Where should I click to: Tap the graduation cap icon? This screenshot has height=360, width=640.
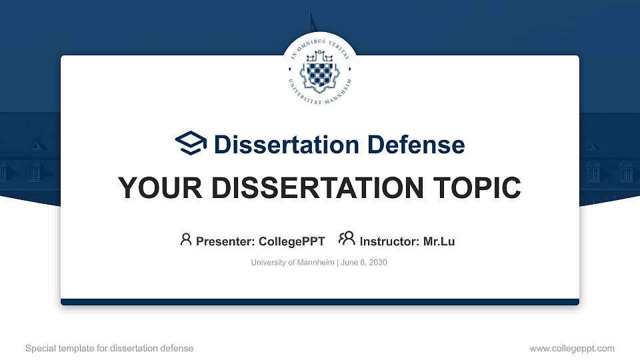click(x=191, y=144)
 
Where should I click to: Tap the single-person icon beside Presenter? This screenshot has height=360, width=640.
click(x=186, y=239)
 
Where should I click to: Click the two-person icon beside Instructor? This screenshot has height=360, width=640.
click(x=347, y=239)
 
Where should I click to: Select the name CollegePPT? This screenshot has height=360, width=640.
click(x=291, y=241)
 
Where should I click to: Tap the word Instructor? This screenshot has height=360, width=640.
click(x=389, y=241)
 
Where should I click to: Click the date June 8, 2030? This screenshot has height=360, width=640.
click(x=364, y=263)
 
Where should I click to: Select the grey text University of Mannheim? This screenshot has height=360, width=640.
click(x=293, y=263)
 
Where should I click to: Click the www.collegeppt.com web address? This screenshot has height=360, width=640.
click(x=572, y=348)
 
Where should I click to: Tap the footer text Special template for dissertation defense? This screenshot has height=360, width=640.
click(x=109, y=348)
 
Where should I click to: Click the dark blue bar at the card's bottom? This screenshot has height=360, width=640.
click(x=320, y=302)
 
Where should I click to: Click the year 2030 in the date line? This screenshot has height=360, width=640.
click(x=377, y=263)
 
